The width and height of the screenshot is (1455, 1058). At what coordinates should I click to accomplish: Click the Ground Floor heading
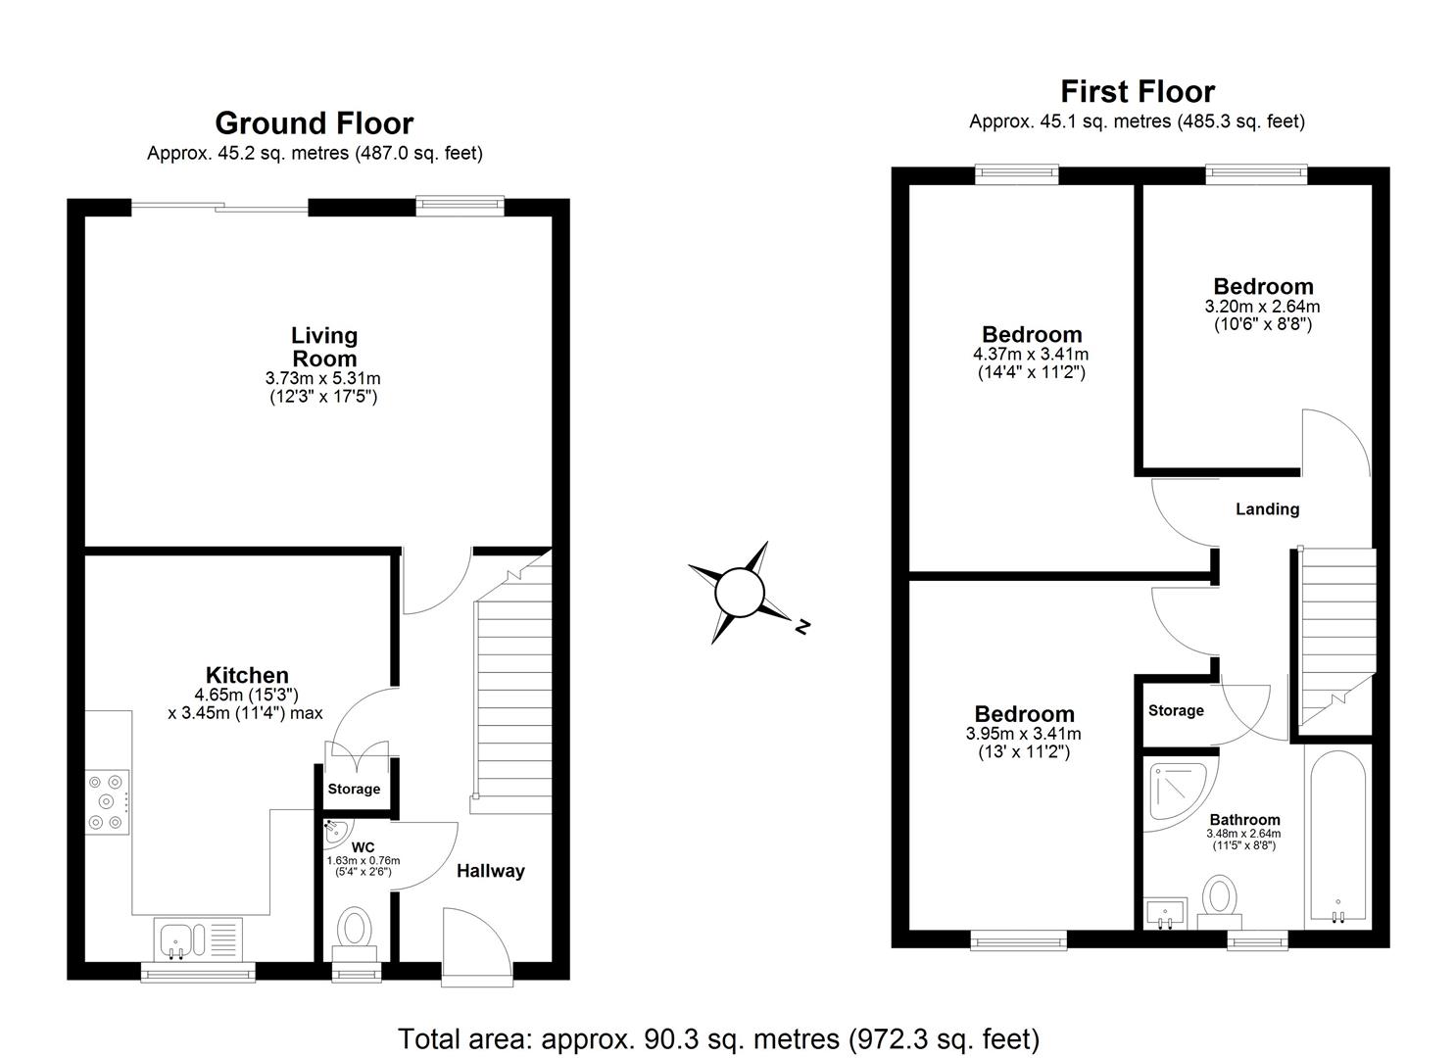tap(314, 123)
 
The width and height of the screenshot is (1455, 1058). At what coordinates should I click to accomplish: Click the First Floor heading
tap(1137, 92)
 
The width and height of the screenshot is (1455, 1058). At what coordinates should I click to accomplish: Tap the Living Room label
tap(324, 348)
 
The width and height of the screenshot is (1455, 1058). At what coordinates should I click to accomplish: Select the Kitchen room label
tap(247, 675)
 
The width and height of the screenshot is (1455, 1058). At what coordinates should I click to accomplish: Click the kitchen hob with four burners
tap(107, 802)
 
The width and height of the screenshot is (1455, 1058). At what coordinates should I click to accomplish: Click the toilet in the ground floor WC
tap(355, 931)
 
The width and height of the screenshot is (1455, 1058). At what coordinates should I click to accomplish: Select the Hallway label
tap(490, 871)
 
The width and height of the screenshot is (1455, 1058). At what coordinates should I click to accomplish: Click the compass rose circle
tap(739, 594)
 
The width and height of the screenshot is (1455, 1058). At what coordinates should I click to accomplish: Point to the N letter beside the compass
tap(802, 627)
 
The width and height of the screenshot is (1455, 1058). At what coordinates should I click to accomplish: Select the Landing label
tap(1267, 509)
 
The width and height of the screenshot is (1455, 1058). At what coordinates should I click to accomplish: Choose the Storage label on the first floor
tap(1176, 710)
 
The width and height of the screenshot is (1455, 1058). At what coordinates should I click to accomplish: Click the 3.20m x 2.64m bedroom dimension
tap(1262, 307)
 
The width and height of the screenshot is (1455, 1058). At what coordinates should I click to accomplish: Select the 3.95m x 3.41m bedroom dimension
tap(1023, 735)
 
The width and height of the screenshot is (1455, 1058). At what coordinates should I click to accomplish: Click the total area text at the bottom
tap(718, 1037)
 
